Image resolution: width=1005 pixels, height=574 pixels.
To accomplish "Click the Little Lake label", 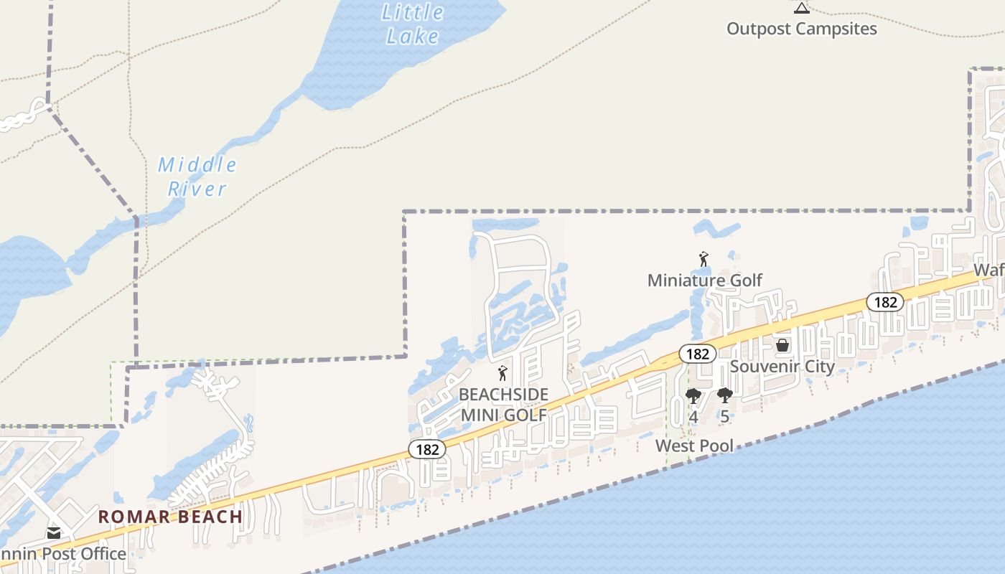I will coord(412,24).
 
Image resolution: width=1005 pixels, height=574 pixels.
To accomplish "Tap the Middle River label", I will coord(197,177).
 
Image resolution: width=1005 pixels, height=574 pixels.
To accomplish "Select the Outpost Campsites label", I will coord(802,29).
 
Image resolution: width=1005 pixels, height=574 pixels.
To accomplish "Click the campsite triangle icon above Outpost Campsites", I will coord(802,8).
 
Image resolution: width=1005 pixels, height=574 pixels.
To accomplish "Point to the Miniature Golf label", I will coord(704,280).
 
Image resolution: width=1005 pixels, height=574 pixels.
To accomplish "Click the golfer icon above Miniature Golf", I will coord(703,258).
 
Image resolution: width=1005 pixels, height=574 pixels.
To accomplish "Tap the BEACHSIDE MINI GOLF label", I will coord(504,405).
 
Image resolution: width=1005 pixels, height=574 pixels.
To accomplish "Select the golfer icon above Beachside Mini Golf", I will coord(502,373).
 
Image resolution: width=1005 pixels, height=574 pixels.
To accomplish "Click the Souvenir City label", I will coord(782,367).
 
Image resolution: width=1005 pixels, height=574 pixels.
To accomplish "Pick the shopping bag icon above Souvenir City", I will coord(782,345).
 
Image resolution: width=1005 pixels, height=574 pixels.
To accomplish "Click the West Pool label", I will coord(694,446).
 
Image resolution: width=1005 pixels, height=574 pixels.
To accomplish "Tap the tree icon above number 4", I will coord(693,395).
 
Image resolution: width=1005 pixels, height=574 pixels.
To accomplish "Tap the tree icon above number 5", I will coord(725,395).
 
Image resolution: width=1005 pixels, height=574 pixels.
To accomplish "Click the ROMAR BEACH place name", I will coord(170,517).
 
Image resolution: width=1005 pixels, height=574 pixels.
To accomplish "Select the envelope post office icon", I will coord(54,533).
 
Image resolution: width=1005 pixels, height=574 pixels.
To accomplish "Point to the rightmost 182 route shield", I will coord(885,302).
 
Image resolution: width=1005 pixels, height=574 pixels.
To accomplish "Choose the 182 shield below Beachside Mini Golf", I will coord(427,449).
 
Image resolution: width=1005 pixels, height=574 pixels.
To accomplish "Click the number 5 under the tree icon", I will coord(725,416).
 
